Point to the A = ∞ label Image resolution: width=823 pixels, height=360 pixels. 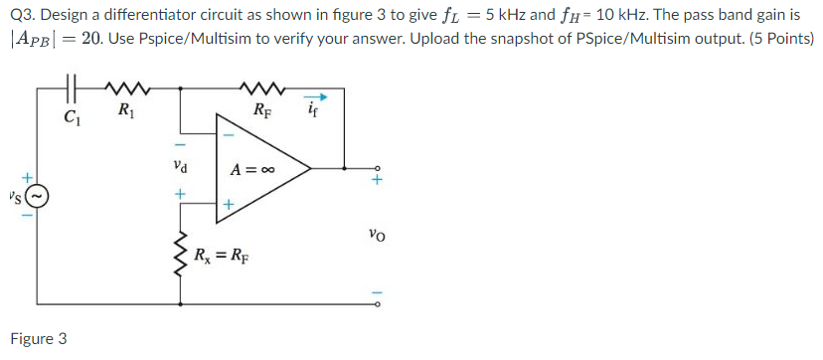251,169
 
